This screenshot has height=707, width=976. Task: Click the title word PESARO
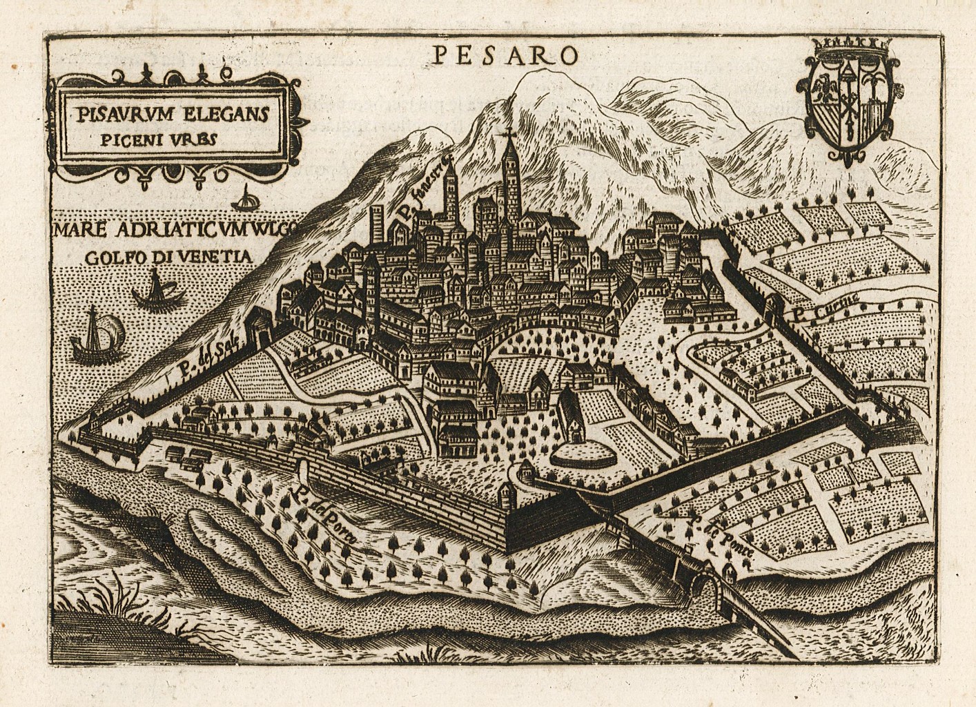[502, 54]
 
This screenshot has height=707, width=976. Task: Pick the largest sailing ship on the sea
[95, 337]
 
